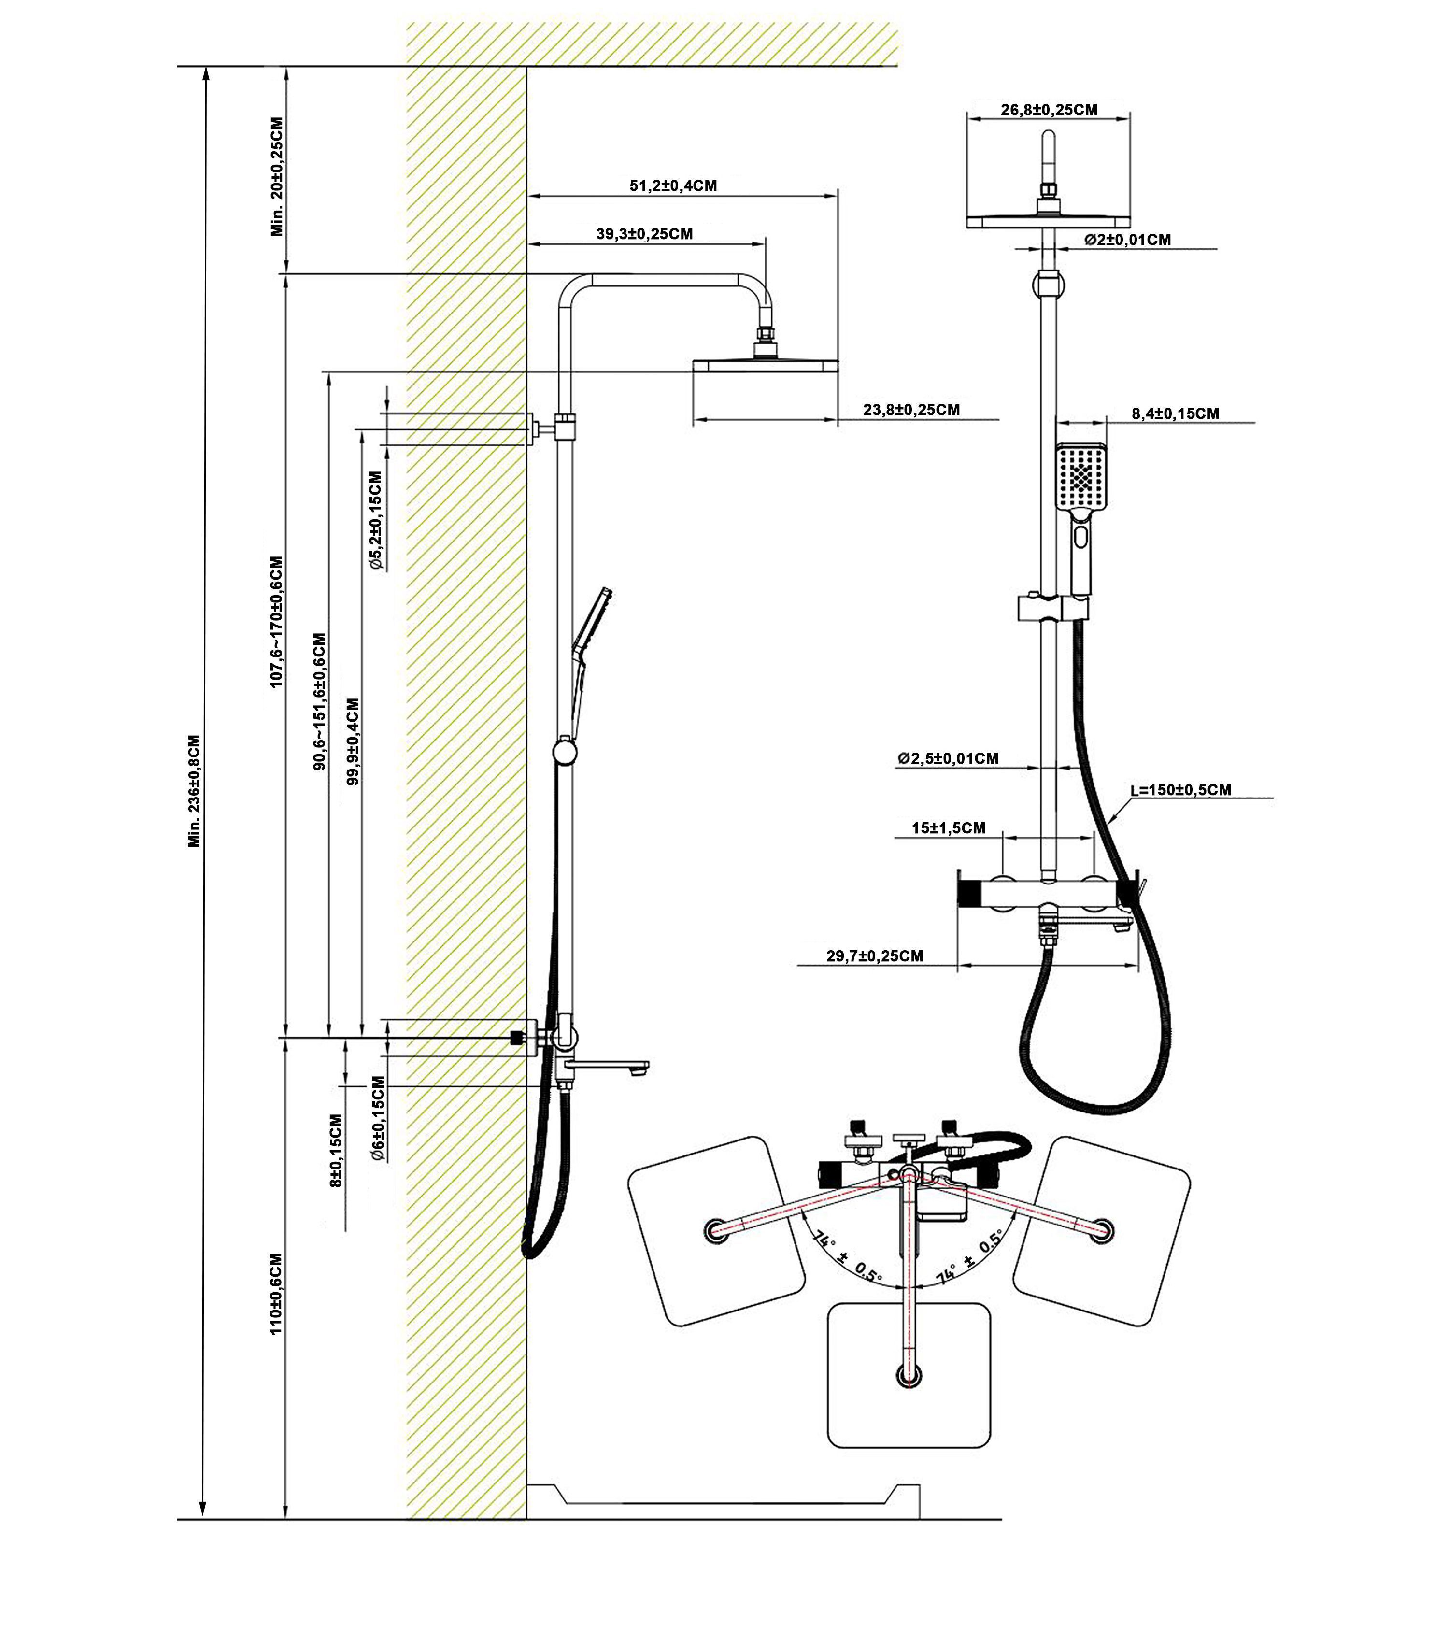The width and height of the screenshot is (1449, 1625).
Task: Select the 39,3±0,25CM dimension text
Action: (644, 234)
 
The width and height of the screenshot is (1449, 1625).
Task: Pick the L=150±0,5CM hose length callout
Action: (1181, 790)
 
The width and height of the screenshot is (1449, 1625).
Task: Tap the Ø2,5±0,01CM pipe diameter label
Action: (948, 759)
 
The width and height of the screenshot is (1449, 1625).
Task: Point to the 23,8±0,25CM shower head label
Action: (911, 410)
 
